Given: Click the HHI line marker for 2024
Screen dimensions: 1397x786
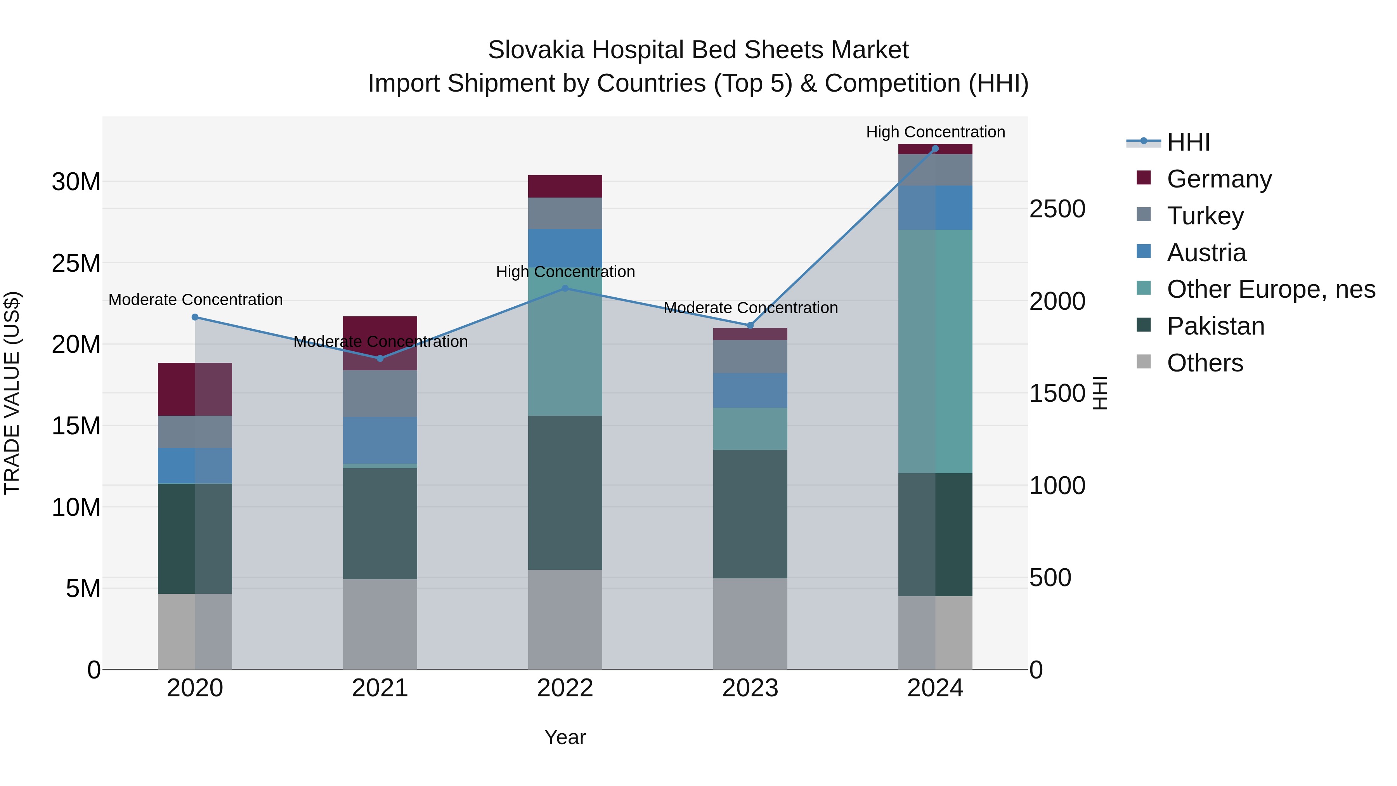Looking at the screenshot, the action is coord(935,149).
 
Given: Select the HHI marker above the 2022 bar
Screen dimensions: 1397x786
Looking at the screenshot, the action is coord(565,288).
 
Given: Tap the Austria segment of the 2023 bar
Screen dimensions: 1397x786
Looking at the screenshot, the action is coord(750,390).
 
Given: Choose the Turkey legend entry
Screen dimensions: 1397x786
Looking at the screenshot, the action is coord(1205,216).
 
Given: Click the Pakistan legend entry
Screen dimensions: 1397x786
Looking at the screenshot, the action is coord(1215,326).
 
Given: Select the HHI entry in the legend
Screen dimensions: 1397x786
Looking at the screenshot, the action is coord(1188,142).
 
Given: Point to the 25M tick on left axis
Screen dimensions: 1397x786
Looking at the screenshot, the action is coord(76,263).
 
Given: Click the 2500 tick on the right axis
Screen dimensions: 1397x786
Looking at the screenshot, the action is coord(1057,209).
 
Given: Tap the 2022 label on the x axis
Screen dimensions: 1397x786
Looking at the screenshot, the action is coord(565,688).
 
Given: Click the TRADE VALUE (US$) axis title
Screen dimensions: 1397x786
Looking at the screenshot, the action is coord(12,393).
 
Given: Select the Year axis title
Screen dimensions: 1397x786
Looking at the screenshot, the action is coord(565,737).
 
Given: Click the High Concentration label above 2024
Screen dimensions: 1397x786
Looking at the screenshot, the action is coord(935,132).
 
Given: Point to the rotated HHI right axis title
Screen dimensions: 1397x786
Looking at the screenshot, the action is coord(1099,393).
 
